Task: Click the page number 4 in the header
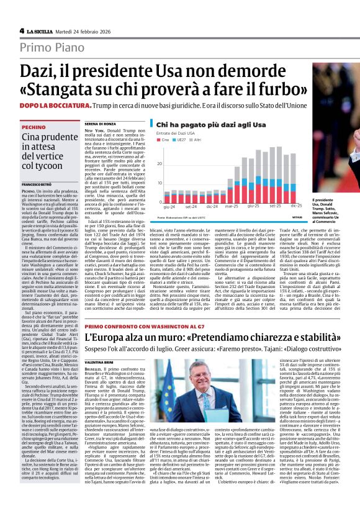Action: click(22, 30)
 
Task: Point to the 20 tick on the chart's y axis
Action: click(160, 163)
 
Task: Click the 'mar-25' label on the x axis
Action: click(232, 206)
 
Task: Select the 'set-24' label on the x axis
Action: click(190, 206)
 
